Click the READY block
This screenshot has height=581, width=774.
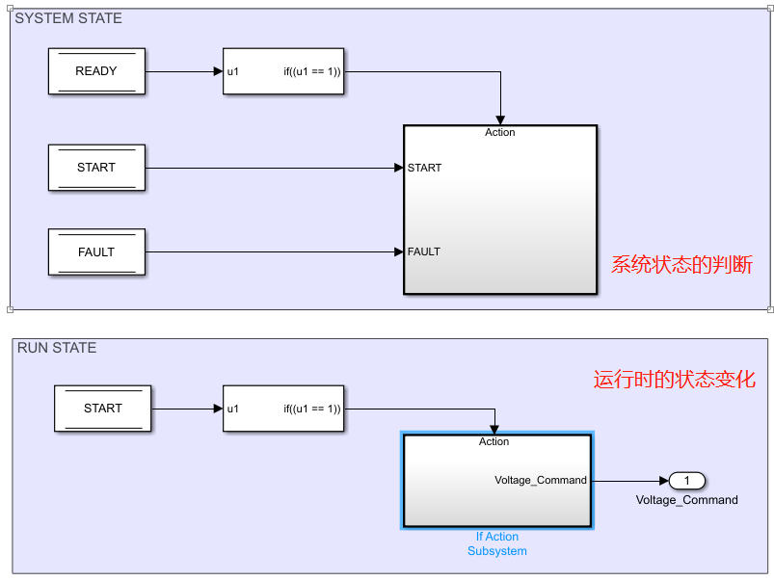pos(96,71)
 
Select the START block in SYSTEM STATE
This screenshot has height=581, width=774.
pos(96,168)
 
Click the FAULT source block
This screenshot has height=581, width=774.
pos(96,252)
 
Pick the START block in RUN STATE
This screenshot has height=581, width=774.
pos(103,409)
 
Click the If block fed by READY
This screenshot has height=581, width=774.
pos(282,71)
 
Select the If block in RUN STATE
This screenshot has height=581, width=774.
pos(282,409)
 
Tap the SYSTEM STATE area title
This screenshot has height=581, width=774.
pos(68,18)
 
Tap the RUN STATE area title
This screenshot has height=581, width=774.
pos(57,348)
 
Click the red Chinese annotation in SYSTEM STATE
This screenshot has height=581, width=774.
pos(681,264)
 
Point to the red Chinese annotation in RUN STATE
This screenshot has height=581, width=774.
pos(674,380)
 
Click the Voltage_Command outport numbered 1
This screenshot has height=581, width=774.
pos(687,481)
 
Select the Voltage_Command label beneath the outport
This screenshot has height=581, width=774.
pos(686,500)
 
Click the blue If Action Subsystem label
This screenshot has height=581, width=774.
pos(496,544)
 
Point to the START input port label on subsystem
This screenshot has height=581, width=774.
pos(424,168)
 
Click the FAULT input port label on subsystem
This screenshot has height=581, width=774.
pos(424,252)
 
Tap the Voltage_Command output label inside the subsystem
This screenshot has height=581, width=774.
pos(540,481)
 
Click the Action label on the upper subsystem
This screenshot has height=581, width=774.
pos(499,133)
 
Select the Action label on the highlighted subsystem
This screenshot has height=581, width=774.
pos(494,442)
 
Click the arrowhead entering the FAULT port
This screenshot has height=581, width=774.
pos(398,252)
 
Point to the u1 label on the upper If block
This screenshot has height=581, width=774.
pos(233,71)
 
